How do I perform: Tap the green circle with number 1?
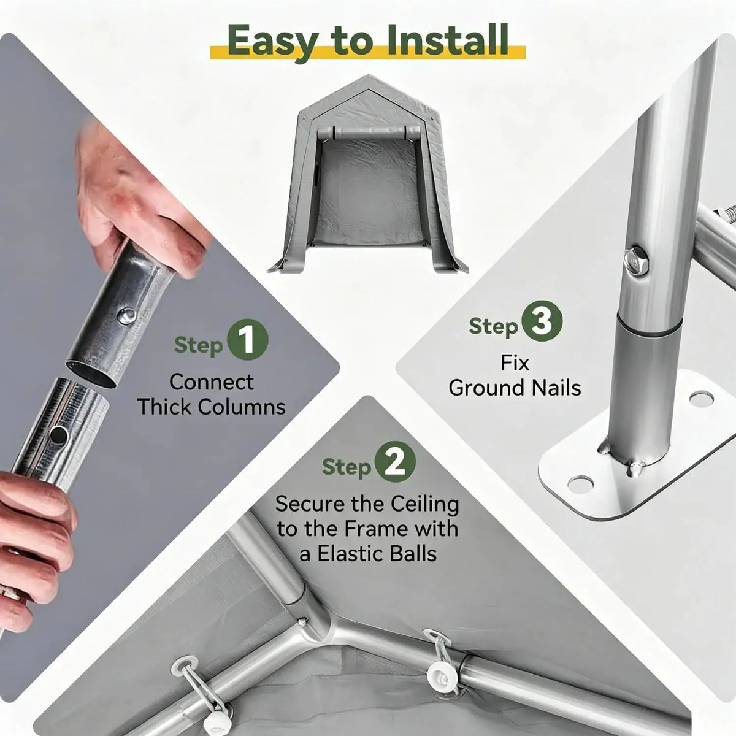(248, 340)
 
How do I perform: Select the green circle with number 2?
(395, 461)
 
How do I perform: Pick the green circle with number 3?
(542, 321)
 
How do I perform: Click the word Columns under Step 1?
(242, 407)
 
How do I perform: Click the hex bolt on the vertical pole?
(636, 261)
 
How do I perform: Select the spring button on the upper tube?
(126, 316)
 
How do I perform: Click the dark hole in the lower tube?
(59, 435)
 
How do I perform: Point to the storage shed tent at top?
(368, 174)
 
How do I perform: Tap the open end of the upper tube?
(91, 374)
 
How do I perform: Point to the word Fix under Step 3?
(515, 363)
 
